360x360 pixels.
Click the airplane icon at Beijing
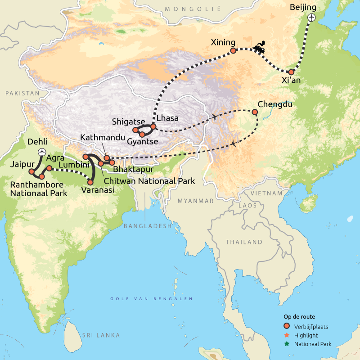[311, 17]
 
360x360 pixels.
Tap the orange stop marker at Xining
[233, 51]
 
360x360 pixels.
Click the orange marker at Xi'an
[291, 72]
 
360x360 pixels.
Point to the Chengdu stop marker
[255, 112]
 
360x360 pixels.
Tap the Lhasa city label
[167, 118]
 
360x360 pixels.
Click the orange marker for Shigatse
[135, 130]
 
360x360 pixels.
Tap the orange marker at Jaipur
[31, 171]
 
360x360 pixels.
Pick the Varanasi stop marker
[90, 182]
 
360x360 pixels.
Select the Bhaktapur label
[134, 170]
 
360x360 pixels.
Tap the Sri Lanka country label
[101, 335]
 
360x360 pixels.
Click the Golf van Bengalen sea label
[152, 299]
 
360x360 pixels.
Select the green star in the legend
[286, 344]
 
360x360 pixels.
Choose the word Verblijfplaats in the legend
[311, 327]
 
